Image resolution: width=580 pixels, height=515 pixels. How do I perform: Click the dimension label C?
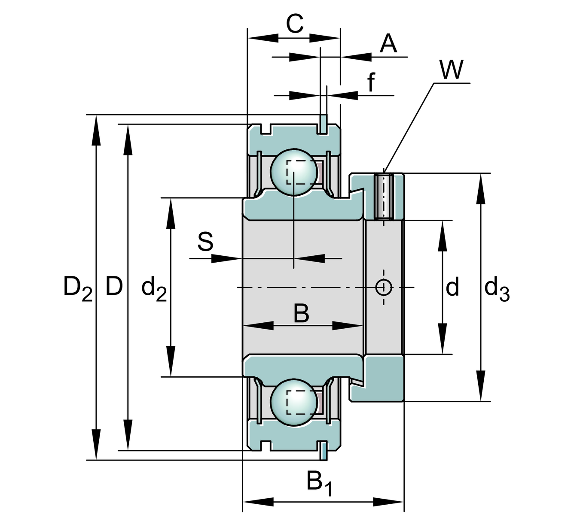295,24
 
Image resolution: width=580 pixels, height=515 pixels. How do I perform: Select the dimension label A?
388,44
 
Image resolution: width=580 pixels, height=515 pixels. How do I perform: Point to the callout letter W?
452,70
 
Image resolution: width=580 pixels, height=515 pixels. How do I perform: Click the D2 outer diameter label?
77,288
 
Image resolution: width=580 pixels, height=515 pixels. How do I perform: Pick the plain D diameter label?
114,286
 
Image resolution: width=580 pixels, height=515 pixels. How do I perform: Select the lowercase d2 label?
154,288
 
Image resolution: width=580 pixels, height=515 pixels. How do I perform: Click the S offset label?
205,242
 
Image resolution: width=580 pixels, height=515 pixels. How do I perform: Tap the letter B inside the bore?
301,313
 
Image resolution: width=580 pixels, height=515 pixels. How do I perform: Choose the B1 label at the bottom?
319,482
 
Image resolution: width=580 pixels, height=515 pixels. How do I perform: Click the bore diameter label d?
452,287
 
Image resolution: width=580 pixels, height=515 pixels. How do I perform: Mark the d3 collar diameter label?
497,288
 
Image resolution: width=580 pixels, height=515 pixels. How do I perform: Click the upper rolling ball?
294,172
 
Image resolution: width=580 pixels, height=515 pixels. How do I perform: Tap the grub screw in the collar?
383,197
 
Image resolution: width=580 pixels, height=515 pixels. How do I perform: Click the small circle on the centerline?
383,287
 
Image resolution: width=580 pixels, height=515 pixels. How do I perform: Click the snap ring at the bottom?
323,451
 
